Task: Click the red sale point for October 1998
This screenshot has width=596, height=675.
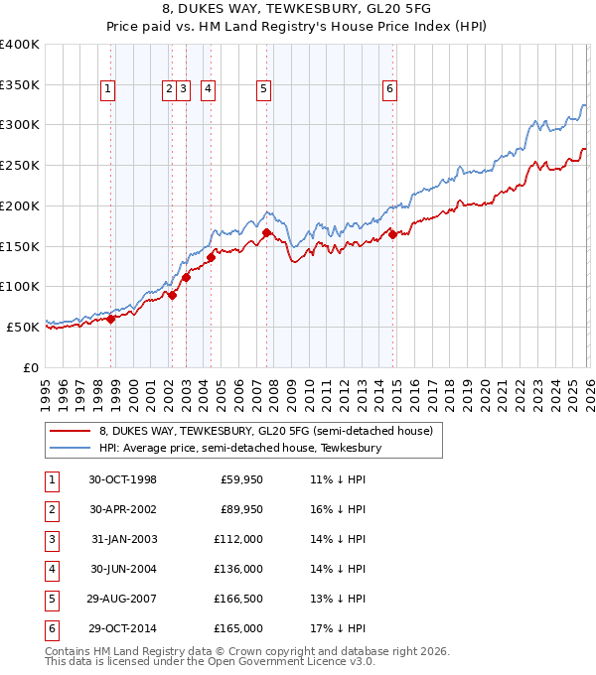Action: [111, 319]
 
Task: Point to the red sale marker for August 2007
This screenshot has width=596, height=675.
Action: [267, 233]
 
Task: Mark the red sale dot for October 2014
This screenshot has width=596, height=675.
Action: [393, 234]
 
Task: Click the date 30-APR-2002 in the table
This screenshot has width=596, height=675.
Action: [122, 509]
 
